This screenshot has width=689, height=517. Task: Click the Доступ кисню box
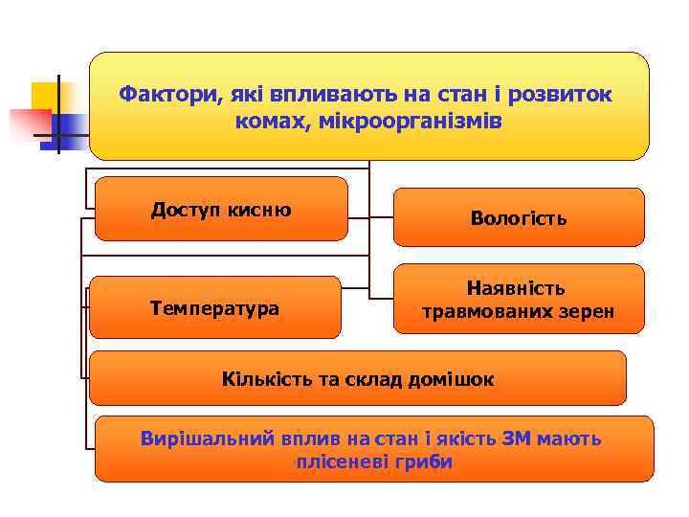tap(221, 209)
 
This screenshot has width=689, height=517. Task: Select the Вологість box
tap(518, 218)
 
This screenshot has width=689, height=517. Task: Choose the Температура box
tap(214, 308)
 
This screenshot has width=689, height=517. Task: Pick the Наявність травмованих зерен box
tap(518, 300)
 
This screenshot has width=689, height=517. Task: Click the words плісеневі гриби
tap(374, 462)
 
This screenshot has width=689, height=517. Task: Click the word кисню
tap(260, 210)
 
